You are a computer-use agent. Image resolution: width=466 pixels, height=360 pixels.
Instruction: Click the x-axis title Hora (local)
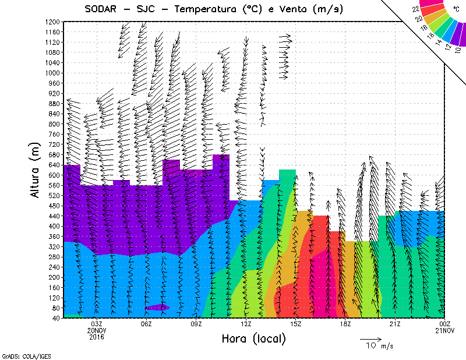click(253, 338)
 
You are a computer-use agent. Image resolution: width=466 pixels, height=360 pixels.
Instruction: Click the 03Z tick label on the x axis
click(97, 324)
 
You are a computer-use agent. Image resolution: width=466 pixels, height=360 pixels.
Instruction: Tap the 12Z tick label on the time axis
click(246, 324)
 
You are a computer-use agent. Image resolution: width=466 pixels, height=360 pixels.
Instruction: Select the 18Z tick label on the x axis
click(345, 324)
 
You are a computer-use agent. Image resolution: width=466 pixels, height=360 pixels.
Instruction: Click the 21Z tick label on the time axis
click(395, 324)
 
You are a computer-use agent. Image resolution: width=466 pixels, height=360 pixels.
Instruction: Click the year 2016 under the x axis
click(97, 337)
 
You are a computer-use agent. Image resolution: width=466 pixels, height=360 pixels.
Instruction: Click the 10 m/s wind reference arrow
click(370, 338)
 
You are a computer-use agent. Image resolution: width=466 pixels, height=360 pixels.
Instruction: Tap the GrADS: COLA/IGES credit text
click(17, 355)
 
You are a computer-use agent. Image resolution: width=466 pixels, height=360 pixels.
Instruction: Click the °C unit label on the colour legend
click(456, 9)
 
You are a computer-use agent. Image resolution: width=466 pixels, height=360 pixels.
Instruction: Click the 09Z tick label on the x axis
click(197, 324)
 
